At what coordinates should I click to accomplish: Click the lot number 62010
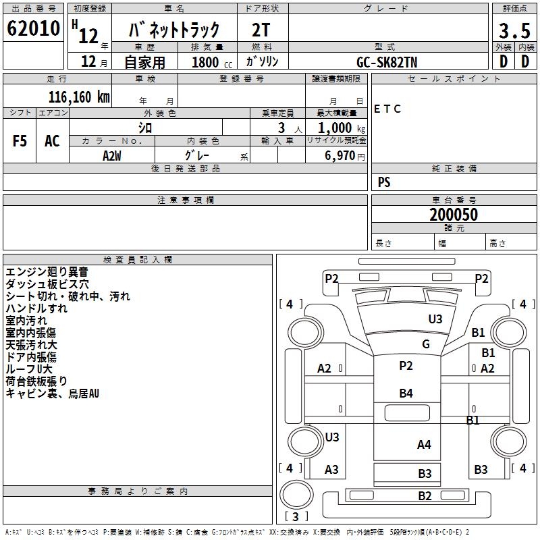click(x=33, y=28)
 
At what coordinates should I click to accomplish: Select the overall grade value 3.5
click(x=514, y=30)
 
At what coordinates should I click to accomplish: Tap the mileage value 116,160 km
click(x=79, y=97)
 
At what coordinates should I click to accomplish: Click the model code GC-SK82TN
click(x=387, y=62)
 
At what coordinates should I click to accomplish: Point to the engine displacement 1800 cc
click(x=212, y=62)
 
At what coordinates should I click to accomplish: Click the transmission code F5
click(x=20, y=141)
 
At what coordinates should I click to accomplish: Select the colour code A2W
click(x=112, y=156)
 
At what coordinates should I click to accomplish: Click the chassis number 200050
click(x=454, y=215)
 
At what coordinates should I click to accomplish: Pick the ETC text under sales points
click(x=387, y=109)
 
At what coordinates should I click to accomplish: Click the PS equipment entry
click(x=384, y=182)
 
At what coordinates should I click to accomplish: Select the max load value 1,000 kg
click(x=342, y=128)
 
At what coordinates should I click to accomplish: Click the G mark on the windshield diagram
click(x=426, y=344)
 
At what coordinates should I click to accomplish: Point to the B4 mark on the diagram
click(x=406, y=394)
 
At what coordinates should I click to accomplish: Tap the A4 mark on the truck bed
click(x=424, y=445)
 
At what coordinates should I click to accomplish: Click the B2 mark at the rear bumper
click(x=425, y=496)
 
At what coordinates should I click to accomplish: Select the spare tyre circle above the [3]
click(x=296, y=495)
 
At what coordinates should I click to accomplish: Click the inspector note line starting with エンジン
click(x=47, y=272)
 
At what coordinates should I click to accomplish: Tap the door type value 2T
click(x=261, y=30)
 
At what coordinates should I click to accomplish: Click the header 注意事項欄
click(x=186, y=200)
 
